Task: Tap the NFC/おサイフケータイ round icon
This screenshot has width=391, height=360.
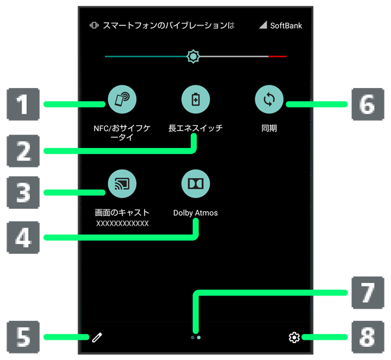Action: click(122, 100)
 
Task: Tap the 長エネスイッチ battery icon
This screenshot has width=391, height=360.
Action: click(195, 100)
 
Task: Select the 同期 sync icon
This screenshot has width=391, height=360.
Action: click(268, 100)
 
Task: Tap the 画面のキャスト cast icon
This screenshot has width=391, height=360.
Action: click(122, 184)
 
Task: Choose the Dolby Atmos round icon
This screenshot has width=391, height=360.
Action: click(195, 184)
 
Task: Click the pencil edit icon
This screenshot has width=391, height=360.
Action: click(97, 337)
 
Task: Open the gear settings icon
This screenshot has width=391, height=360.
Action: click(294, 337)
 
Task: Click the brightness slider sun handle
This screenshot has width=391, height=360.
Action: click(193, 57)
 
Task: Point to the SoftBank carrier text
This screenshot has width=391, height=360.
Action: click(286, 26)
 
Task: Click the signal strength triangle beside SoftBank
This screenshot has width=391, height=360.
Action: click(263, 25)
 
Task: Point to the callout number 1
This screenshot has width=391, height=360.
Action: click(23, 105)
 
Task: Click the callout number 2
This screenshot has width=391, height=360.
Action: click(23, 151)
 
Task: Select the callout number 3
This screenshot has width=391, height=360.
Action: click(23, 192)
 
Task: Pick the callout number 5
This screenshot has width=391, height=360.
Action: click(23, 337)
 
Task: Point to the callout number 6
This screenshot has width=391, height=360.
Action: click(368, 105)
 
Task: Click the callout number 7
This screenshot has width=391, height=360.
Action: click(368, 292)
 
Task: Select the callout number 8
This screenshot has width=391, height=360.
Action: click(368, 337)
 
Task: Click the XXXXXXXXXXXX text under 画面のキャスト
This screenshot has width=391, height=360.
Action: click(123, 223)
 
